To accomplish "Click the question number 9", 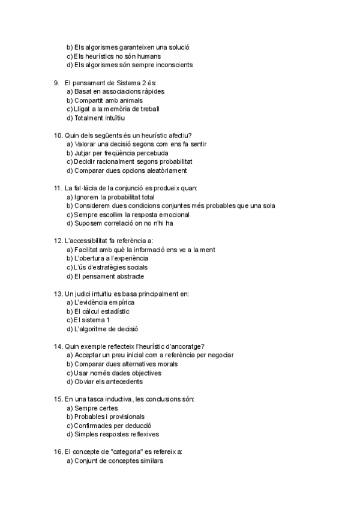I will tap(56, 82).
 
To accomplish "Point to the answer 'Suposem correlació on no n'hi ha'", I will tap(122, 223).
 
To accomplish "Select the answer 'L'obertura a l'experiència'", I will tap(111, 258).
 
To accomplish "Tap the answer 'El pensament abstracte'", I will tap(109, 276).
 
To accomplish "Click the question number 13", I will tap(58, 294).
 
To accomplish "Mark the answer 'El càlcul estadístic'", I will tap(102, 311).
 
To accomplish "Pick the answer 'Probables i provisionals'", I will tap(110, 417).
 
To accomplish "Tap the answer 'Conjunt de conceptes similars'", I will tap(119, 461).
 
